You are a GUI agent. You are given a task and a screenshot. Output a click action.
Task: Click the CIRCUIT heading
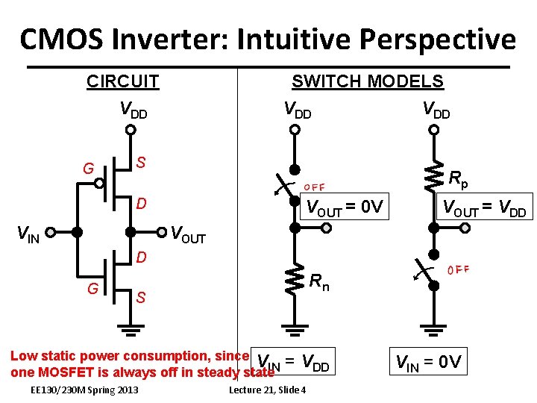[122, 81]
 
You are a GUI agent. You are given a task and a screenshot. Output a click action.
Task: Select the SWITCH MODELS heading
[367, 81]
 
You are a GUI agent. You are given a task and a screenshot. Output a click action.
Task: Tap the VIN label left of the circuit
[28, 236]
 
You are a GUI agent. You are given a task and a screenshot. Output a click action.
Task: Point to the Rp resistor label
[459, 178]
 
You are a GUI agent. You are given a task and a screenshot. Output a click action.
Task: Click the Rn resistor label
[319, 282]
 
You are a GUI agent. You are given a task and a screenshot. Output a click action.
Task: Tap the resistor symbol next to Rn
[296, 278]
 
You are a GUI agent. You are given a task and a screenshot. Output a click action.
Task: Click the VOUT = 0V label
[345, 208]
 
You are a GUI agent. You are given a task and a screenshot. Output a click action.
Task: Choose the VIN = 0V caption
[428, 363]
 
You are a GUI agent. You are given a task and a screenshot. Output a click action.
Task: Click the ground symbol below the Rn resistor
[295, 329]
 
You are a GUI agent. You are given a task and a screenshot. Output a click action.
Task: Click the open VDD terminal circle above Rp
[433, 129]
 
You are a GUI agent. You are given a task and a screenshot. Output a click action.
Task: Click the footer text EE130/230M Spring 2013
[84, 390]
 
